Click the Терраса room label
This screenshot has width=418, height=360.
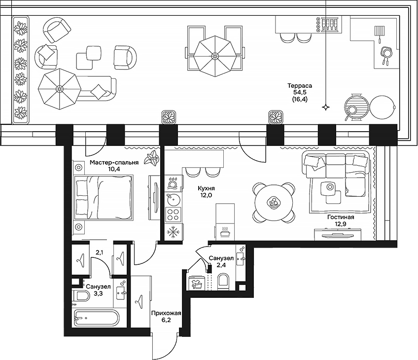pos(300,86)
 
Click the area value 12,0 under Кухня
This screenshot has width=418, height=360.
pos(206,195)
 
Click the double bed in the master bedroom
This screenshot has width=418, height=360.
pos(104,199)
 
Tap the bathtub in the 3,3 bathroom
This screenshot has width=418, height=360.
pos(96,318)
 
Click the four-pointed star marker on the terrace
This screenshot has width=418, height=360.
pos(325,107)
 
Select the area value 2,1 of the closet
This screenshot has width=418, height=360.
pos(99,253)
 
